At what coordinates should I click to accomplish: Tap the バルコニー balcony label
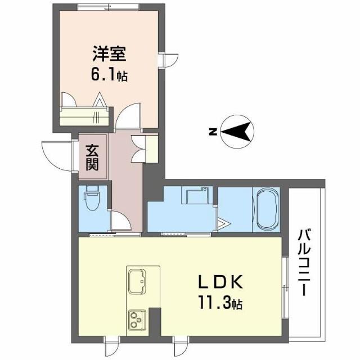[305, 263]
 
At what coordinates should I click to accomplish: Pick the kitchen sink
[137, 281]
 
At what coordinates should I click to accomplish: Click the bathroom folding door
[222, 224]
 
